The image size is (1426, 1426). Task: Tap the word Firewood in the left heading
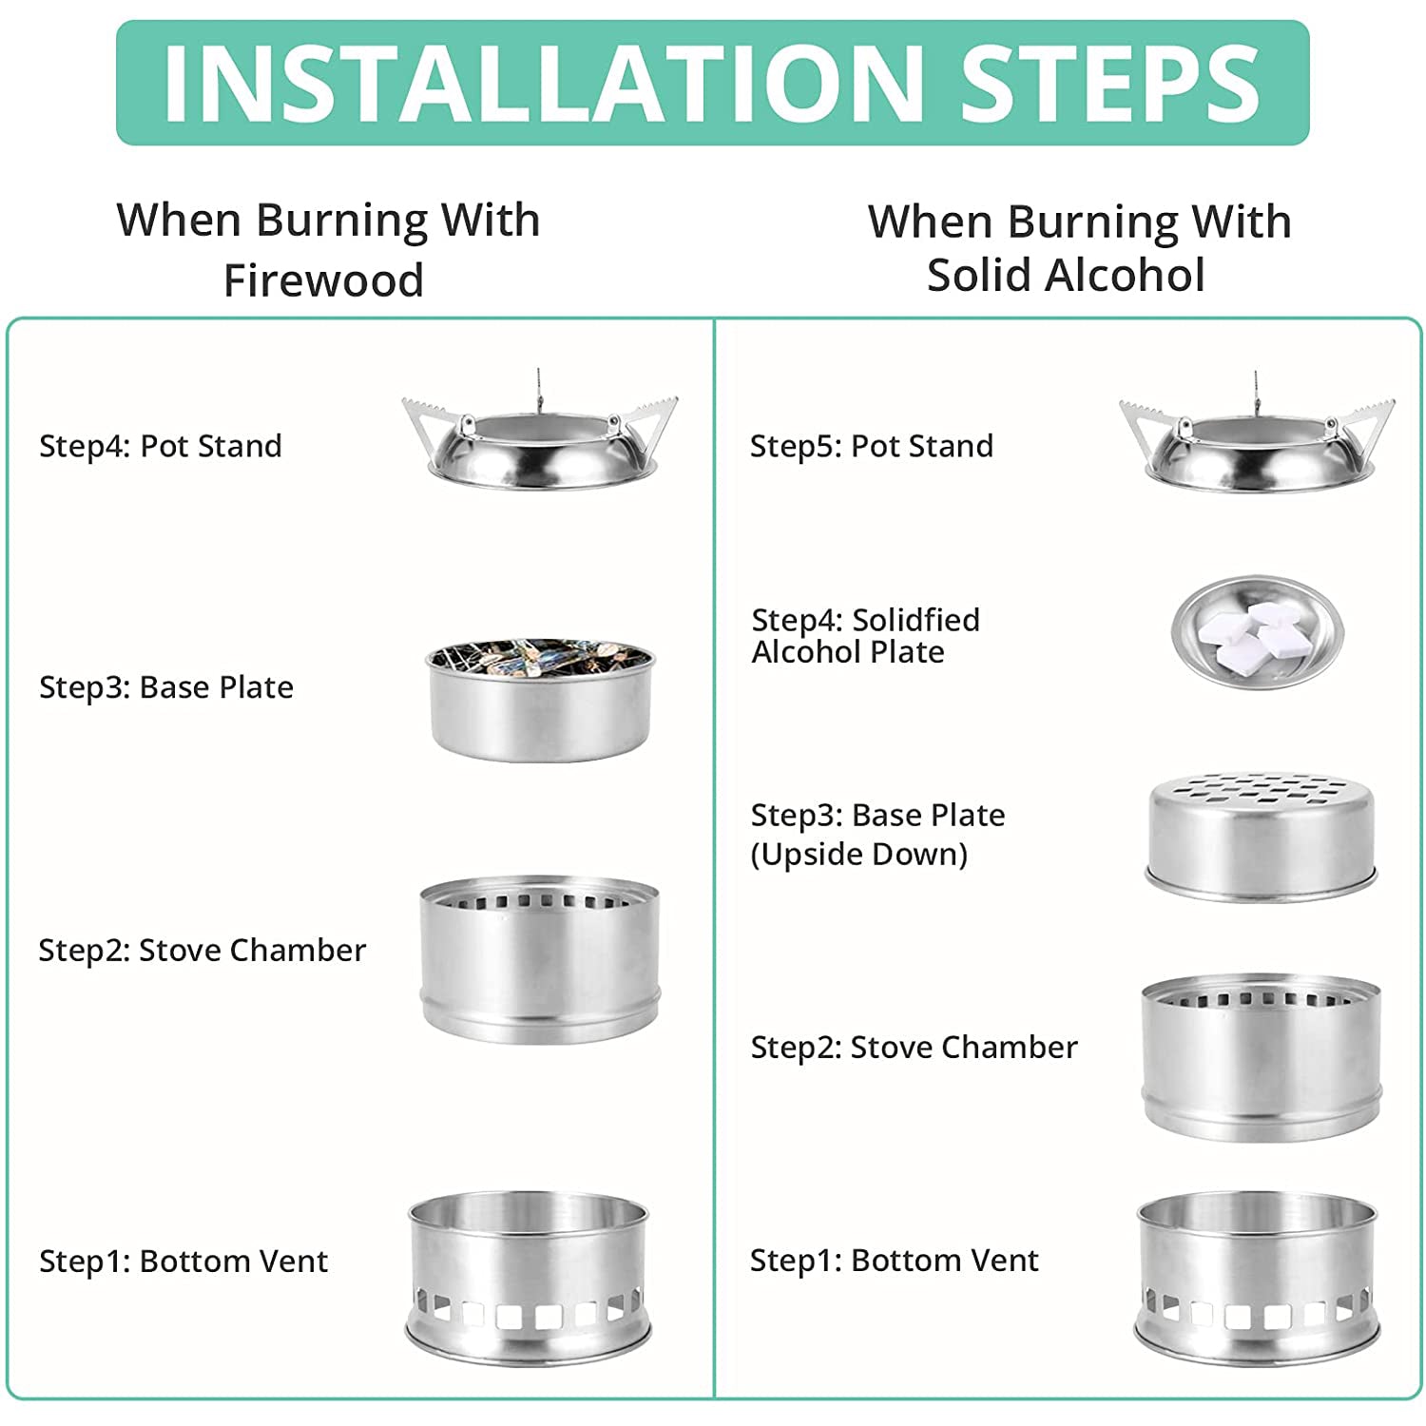323,280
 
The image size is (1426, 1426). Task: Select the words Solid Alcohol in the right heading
1066,276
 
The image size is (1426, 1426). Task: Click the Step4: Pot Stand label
161,446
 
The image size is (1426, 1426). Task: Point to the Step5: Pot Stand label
872,446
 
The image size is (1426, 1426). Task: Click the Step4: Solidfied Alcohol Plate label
865,636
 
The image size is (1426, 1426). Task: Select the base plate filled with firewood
541,700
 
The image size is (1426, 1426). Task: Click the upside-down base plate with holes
1262,838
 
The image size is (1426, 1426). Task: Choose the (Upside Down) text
859,855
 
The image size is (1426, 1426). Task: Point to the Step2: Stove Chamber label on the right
914,1047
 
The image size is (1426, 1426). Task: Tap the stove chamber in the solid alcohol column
1261,1056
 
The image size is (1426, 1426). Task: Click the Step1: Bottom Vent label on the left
183,1262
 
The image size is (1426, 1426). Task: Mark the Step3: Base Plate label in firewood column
166,687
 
